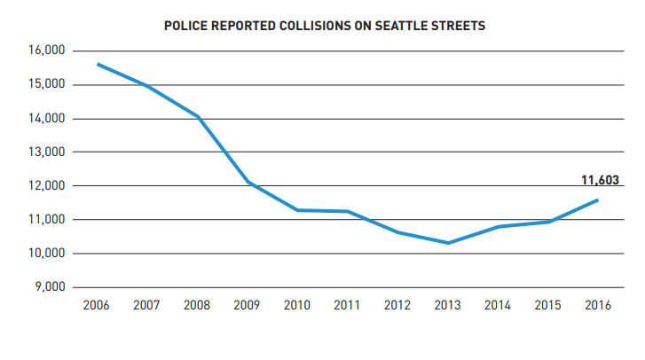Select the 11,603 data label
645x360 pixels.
tap(600, 181)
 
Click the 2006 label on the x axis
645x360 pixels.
tap(96, 306)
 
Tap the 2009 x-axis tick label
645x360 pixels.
tap(248, 306)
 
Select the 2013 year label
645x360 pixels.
tap(449, 306)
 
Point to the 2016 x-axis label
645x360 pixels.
tap(599, 306)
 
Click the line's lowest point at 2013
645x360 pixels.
tap(449, 243)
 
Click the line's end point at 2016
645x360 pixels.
tap(598, 200)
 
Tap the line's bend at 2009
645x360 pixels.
tap(248, 182)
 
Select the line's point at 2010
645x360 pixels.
tap(297, 210)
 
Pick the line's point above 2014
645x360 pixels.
tap(499, 226)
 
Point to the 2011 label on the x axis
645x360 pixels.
tap(348, 306)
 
